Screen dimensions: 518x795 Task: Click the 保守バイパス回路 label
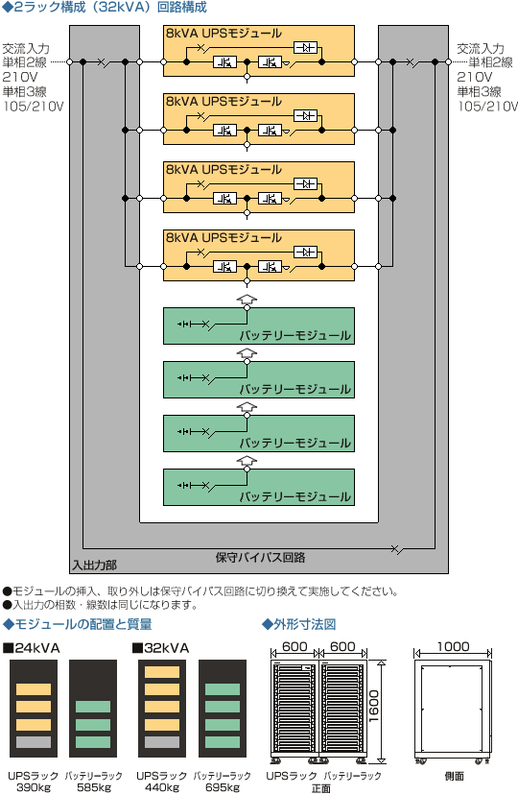(x=260, y=558)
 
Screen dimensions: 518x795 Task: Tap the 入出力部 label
(x=94, y=566)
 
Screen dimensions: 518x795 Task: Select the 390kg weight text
(x=34, y=787)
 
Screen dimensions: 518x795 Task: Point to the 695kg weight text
(x=223, y=787)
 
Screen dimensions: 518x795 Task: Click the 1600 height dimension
(x=374, y=706)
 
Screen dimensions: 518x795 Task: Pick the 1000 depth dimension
(x=453, y=646)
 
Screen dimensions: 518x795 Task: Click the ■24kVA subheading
(x=32, y=648)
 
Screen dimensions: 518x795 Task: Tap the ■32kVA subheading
(x=160, y=648)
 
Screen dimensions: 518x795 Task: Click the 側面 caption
(x=454, y=776)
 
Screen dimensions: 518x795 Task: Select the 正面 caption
(x=321, y=788)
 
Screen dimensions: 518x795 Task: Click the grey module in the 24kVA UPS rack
(x=34, y=742)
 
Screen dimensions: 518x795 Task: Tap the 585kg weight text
(x=94, y=787)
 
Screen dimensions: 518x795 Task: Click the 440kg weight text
(x=162, y=787)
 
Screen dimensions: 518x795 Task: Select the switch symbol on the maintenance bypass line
(x=397, y=548)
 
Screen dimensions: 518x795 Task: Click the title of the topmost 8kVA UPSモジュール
(x=224, y=34)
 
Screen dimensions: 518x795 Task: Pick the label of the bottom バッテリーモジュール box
(x=294, y=496)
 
